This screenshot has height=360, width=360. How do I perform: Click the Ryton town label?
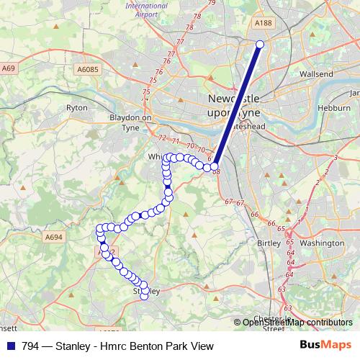pos(77,107)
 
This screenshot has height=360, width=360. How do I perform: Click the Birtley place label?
pos(269,243)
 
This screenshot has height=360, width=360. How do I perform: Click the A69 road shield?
pos(9,68)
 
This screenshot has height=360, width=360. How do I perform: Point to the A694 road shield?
pos(54,236)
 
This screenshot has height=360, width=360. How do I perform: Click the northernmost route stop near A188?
pos(260,45)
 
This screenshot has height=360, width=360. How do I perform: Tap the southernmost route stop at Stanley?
pos(144,295)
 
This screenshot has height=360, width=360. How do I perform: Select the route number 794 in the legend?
pos(31,346)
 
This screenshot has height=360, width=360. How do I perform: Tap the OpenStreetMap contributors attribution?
pos(297,323)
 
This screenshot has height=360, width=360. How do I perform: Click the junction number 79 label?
pos(211,4)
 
